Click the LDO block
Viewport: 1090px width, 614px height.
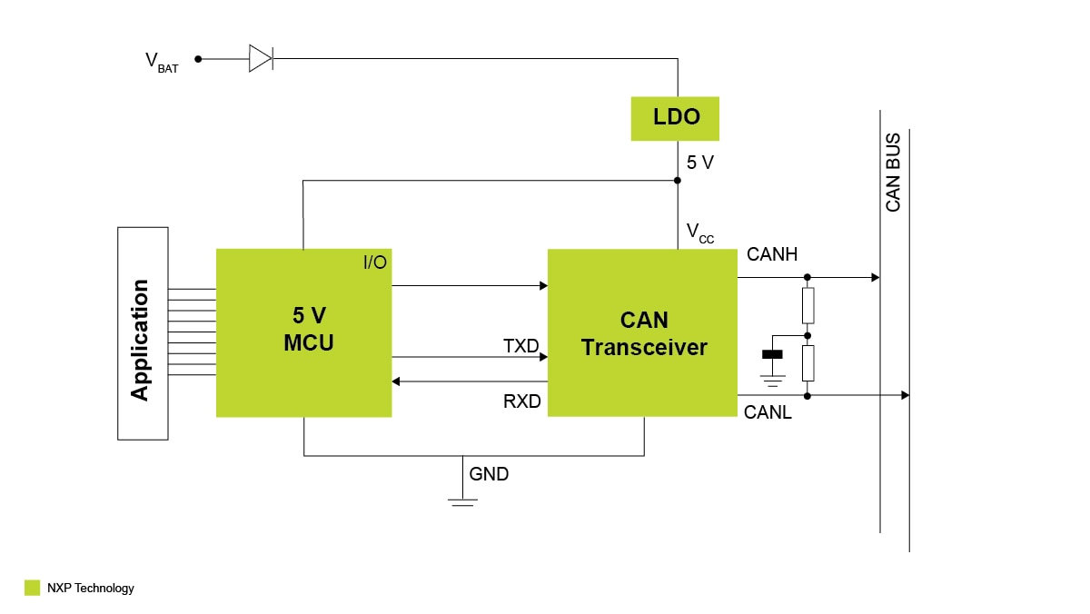click(x=675, y=118)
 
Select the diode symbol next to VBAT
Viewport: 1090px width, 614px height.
click(x=261, y=59)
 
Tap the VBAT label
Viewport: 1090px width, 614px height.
click(x=162, y=62)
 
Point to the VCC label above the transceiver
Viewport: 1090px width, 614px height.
click(x=699, y=233)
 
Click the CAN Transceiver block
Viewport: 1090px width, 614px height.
click(x=642, y=332)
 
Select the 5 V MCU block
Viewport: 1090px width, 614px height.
click(x=303, y=332)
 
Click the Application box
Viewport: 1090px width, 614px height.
click(x=143, y=333)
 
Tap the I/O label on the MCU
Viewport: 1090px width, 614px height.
click(x=374, y=263)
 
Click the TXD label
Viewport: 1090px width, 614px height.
click(x=521, y=346)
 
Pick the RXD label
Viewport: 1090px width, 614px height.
click(x=522, y=401)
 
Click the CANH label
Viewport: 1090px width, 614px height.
click(x=772, y=255)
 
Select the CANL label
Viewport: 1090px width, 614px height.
click(x=768, y=413)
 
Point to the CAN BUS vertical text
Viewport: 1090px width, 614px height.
click(x=893, y=173)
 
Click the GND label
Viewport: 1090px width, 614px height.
click(x=489, y=474)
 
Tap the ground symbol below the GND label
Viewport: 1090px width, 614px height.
click(x=463, y=499)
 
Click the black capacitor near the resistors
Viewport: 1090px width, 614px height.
click(x=773, y=354)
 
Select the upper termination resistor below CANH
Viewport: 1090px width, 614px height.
click(x=808, y=305)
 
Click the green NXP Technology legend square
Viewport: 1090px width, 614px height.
click(x=33, y=588)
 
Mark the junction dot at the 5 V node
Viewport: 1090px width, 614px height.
click(x=678, y=180)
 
